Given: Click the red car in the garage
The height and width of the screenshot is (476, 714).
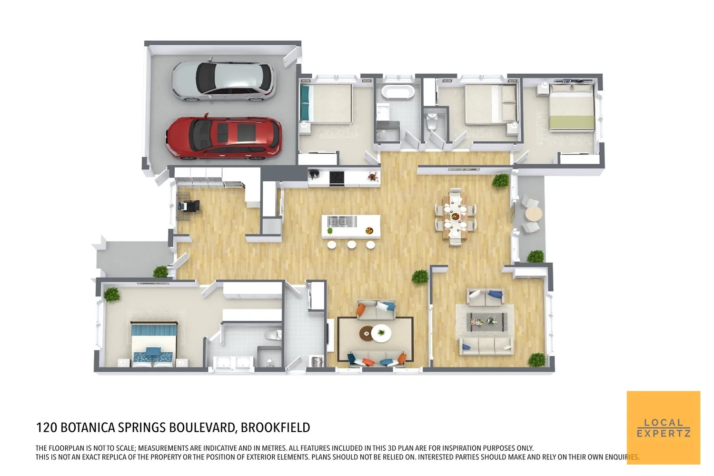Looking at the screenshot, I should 224,138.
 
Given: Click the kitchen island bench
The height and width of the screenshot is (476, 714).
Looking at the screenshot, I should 351,226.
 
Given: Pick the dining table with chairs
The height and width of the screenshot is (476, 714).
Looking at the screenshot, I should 456,217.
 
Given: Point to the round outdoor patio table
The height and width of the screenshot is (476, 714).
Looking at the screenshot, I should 533,214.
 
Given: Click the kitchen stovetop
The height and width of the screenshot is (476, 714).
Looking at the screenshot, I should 337,177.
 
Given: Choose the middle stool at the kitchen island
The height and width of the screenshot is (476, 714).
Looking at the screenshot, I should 351,245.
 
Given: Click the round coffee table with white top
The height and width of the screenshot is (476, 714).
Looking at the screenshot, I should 381,333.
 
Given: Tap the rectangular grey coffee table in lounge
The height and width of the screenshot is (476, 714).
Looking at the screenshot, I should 486,322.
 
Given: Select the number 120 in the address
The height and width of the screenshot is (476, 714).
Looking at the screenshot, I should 47,427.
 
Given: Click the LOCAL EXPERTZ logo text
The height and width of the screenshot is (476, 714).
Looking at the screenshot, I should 664,428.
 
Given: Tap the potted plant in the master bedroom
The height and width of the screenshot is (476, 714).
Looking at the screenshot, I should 112,295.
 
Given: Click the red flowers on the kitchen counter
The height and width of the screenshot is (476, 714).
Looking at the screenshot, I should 373,176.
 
